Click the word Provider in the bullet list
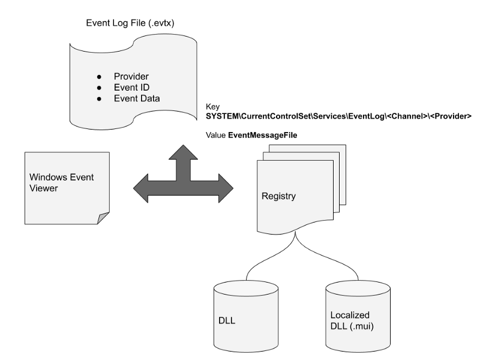pyautogui.click(x=131, y=77)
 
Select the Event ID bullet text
pyautogui.click(x=131, y=88)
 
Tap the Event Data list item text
pyautogui.click(x=137, y=98)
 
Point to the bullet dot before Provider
pyautogui.click(x=99, y=77)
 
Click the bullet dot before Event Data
pyautogui.click(x=99, y=98)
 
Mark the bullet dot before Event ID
pyautogui.click(x=99, y=88)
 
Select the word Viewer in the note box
pyautogui.click(x=43, y=188)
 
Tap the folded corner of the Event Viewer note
pyautogui.click(x=103, y=218)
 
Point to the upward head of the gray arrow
pyautogui.click(x=183, y=152)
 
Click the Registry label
pyautogui.click(x=278, y=196)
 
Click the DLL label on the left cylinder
pyautogui.click(x=227, y=321)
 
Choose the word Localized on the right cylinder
pyautogui.click(x=350, y=315)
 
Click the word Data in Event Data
pyautogui.click(x=149, y=98)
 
